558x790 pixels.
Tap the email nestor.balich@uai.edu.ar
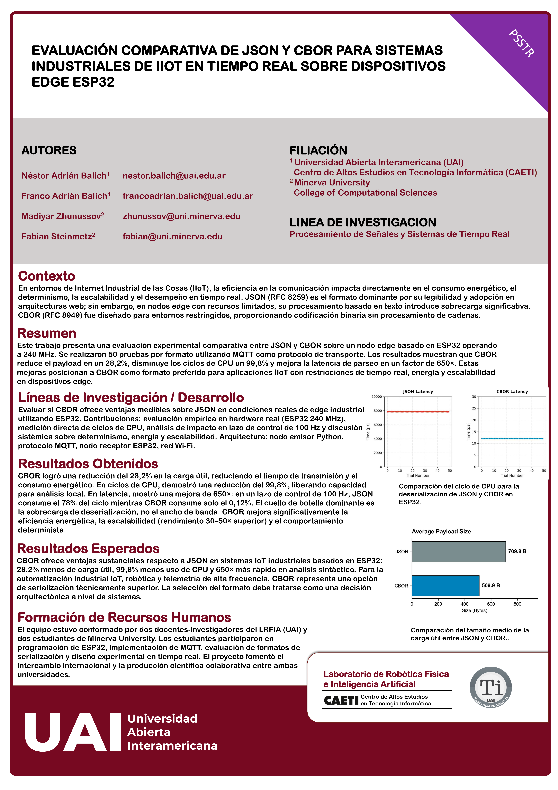click(174, 176)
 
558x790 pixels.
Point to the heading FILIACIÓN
click(318, 150)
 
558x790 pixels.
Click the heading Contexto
click(46, 276)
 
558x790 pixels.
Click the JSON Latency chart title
click(418, 392)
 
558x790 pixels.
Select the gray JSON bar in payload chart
click(458, 552)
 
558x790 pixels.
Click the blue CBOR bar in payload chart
click(445, 586)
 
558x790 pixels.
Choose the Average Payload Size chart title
click(441, 532)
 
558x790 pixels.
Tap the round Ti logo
click(491, 688)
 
